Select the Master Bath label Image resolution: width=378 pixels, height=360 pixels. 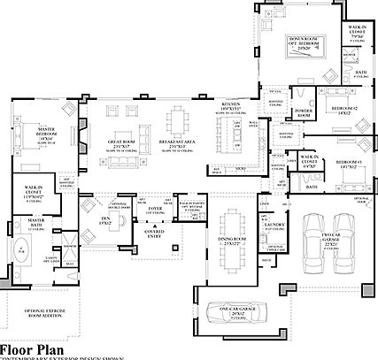[x=35, y=220]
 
